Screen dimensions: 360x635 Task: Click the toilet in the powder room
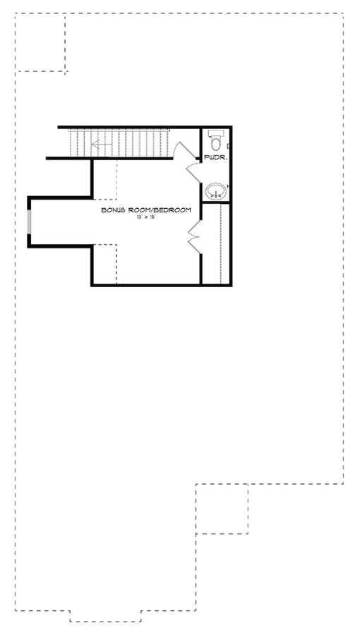coord(216,140)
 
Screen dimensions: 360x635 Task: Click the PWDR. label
coord(215,157)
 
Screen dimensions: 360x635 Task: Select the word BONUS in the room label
coord(114,210)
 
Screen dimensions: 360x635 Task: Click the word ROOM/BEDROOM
coord(160,210)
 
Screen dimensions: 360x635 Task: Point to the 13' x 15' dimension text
coord(146,217)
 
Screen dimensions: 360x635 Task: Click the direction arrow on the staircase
coord(102,144)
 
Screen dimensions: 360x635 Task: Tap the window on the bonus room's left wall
coord(29,222)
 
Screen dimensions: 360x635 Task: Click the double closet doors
coord(194,237)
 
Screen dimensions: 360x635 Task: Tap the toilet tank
coord(215,132)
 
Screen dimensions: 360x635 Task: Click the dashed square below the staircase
coord(105,179)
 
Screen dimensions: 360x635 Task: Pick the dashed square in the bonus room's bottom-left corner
coord(105,265)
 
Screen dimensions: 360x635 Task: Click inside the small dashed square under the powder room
coord(222,509)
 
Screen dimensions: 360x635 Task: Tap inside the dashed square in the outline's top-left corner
coord(40,42)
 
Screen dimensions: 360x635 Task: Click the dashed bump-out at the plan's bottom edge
coord(105,616)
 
